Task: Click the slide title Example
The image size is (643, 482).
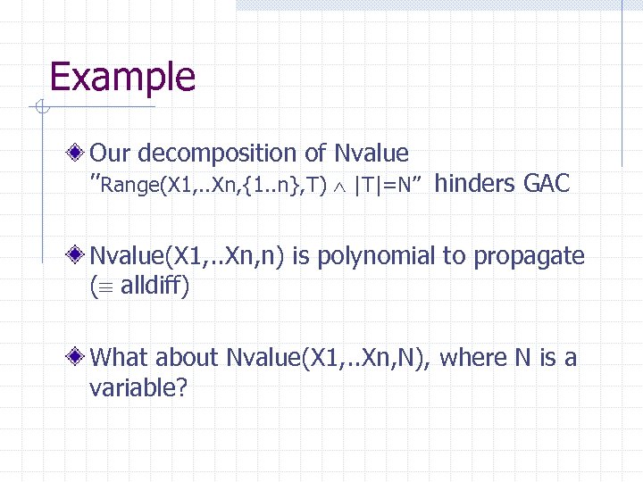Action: pyautogui.click(x=122, y=77)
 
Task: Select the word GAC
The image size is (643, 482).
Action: pyautogui.click(x=547, y=184)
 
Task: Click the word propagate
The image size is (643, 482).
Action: pyautogui.click(x=530, y=256)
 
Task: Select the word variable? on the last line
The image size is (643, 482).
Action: pyautogui.click(x=138, y=388)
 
